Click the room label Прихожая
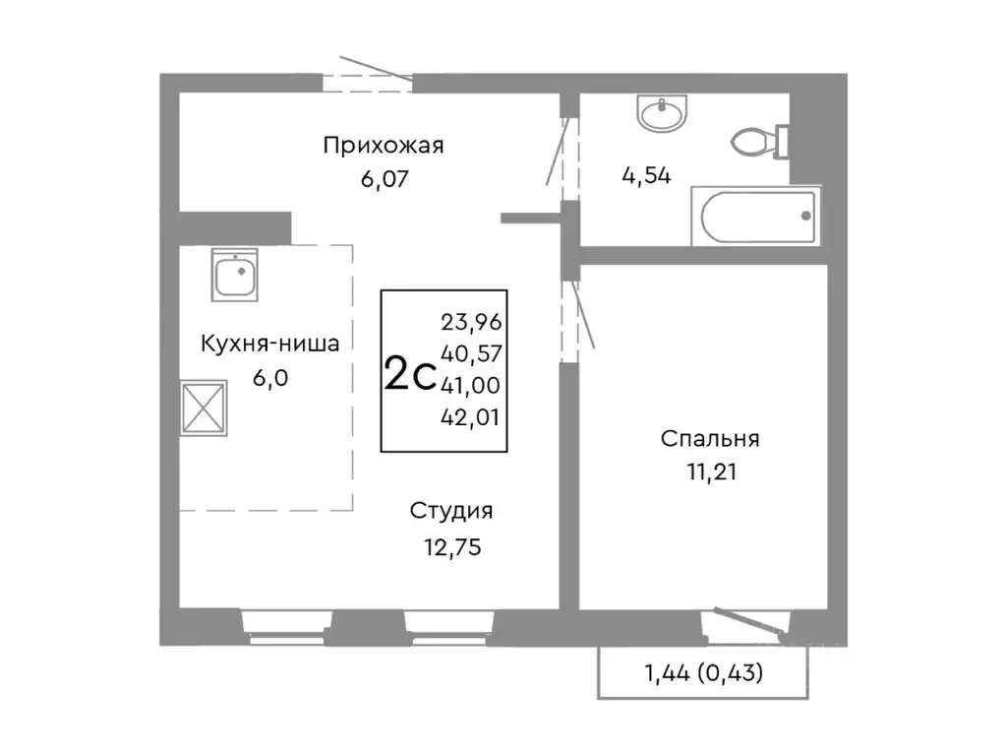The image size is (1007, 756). (x=384, y=147)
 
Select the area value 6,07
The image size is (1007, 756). (x=384, y=179)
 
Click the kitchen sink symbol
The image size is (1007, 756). (x=236, y=276)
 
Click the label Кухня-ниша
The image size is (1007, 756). (x=270, y=345)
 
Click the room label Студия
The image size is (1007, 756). (x=451, y=511)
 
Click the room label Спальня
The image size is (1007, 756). (x=710, y=439)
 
